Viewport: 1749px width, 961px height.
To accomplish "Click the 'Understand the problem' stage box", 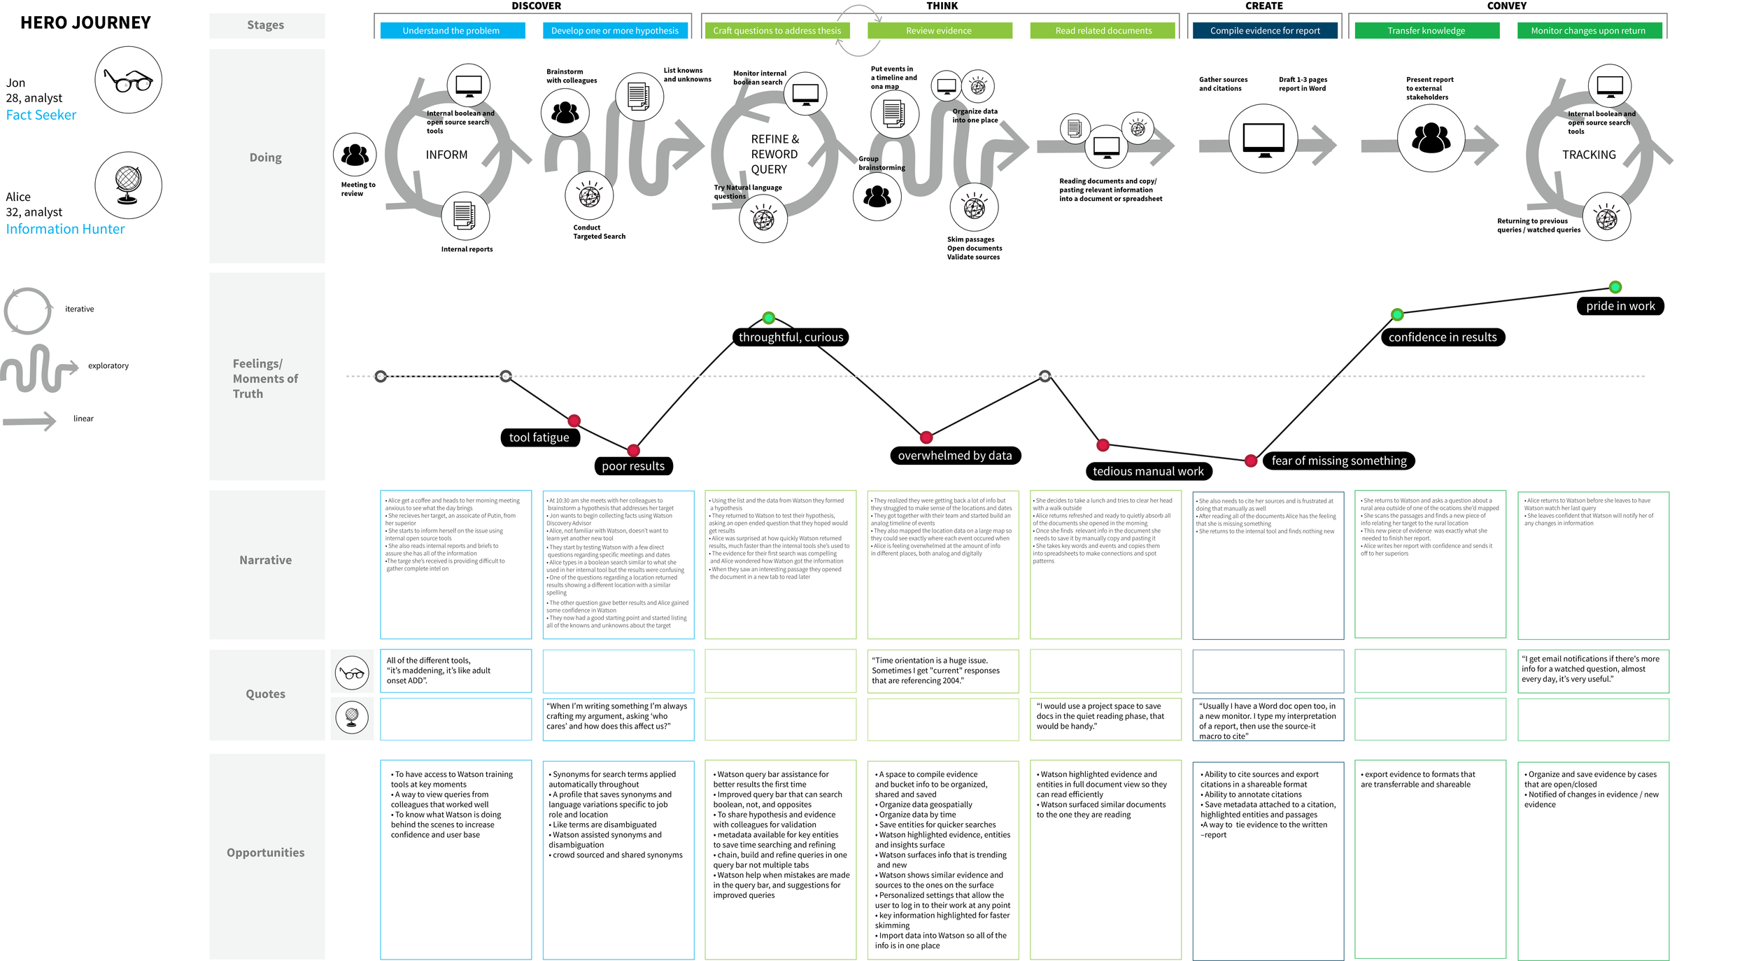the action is [451, 31].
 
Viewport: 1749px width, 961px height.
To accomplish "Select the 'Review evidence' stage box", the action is [938, 31].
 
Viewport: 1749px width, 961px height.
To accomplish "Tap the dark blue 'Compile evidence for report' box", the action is [1264, 31].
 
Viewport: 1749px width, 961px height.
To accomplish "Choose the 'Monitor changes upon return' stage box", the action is [1588, 31].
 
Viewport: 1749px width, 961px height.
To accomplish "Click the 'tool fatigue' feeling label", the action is [539, 437].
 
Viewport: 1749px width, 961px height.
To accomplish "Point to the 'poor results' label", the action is [632, 466].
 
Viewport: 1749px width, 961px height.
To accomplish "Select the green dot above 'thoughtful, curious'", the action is [768, 318].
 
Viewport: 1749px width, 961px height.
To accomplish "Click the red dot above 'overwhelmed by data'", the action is [926, 437].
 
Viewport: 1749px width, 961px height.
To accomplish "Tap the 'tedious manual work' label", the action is [1147, 472].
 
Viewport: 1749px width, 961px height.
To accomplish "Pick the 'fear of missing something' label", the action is [1338, 461].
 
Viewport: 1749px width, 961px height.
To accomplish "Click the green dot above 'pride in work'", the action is [1615, 287].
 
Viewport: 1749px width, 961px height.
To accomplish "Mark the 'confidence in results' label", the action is [1442, 337].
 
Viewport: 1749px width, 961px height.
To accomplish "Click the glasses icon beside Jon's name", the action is [128, 80].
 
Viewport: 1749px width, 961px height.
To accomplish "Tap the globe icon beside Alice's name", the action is [128, 185].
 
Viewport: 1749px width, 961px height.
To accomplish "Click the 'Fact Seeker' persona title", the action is [41, 115].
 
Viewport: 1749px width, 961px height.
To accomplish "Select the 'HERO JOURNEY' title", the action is [85, 23].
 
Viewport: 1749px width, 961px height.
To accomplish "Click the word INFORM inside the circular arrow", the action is [446, 155].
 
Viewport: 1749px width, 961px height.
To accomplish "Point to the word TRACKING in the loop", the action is [1588, 155].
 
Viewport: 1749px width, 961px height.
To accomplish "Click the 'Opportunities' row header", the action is [266, 853].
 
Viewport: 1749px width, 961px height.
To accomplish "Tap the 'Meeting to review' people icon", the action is [355, 155].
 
